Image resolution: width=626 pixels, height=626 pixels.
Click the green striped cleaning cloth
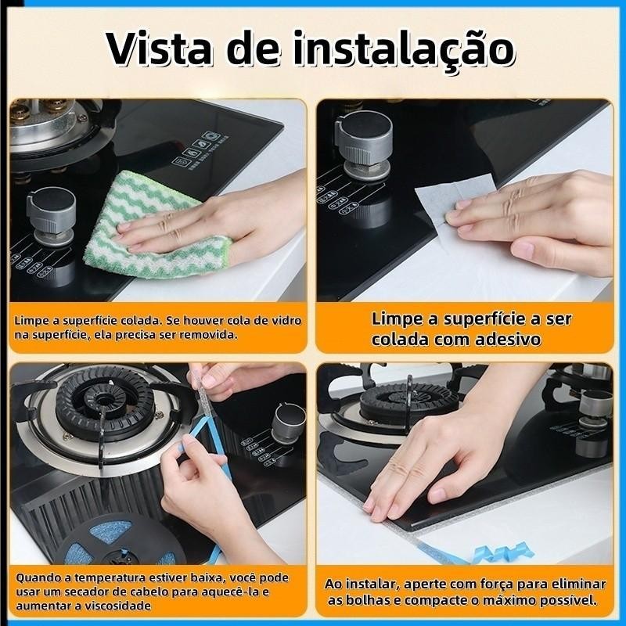155,225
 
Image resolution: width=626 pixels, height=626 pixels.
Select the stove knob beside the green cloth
52,216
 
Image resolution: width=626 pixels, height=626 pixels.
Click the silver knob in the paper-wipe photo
364,144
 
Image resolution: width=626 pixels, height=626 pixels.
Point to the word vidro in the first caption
286,321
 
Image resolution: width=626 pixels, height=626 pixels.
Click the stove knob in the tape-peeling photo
289,423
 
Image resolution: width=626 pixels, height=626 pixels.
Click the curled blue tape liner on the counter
503,552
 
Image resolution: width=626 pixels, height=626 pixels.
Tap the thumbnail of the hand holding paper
465,200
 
